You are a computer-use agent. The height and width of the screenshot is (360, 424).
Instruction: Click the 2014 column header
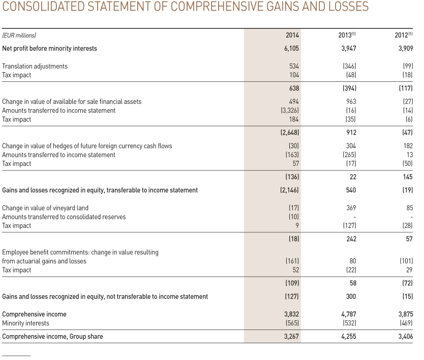[x=292, y=35]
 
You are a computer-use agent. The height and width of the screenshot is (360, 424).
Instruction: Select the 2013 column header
[x=347, y=35]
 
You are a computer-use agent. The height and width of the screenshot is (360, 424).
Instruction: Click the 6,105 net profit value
[x=291, y=49]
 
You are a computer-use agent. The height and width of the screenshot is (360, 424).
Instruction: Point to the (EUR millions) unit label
[x=19, y=35]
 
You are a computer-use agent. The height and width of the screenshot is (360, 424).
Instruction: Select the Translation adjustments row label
[x=35, y=66]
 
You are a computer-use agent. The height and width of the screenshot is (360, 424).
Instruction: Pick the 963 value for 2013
[x=351, y=102]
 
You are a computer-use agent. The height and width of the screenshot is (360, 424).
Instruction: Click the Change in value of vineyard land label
[x=45, y=208]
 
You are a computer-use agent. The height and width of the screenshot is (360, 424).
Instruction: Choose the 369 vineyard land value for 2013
[x=351, y=208]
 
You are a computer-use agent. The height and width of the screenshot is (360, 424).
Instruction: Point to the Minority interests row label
[x=26, y=323]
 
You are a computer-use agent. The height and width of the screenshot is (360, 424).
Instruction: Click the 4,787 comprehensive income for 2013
[x=348, y=314]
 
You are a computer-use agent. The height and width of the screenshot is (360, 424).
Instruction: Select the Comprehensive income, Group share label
[x=52, y=337]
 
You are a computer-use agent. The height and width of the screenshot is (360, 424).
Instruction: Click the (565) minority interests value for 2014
[x=291, y=323]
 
